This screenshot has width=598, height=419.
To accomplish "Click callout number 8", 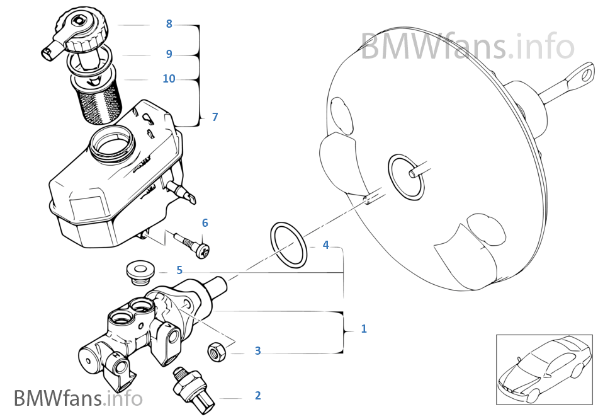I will click(169, 24).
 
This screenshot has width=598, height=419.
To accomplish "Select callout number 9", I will click(169, 54).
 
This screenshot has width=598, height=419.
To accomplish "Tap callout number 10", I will click(169, 79).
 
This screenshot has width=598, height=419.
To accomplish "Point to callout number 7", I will click(215, 117).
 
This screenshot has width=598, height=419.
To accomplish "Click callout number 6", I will click(205, 223).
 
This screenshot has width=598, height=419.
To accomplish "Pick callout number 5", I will click(179, 270).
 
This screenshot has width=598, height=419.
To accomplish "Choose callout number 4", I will click(325, 244).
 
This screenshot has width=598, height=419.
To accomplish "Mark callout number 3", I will click(257, 351).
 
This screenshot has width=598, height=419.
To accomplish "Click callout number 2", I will click(257, 396).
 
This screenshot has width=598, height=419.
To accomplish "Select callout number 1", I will click(363, 328).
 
